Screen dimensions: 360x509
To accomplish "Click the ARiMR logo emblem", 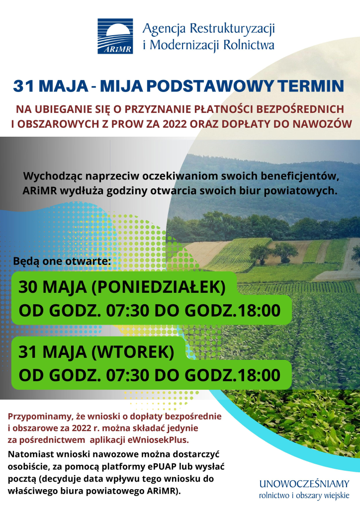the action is (115, 36).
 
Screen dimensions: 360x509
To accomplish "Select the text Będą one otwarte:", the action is (62, 261).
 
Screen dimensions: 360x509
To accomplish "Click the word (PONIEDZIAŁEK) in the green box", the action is (159, 287).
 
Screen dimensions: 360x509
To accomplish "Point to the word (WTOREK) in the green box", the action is (133, 352).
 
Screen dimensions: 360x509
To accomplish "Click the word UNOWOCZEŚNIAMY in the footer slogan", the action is (304, 484).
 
